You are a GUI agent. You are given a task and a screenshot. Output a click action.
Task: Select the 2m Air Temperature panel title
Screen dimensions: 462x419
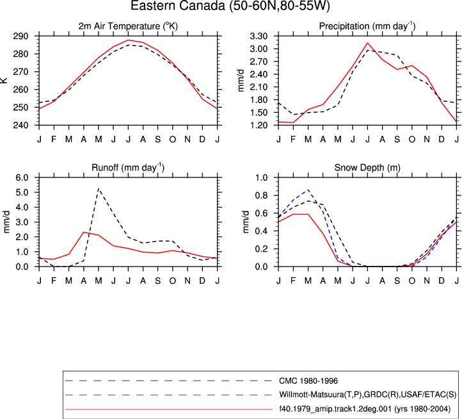click(x=128, y=26)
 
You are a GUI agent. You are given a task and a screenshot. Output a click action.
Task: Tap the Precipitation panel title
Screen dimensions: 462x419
click(x=367, y=26)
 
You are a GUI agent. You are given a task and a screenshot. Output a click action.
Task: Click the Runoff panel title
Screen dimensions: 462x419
click(x=128, y=167)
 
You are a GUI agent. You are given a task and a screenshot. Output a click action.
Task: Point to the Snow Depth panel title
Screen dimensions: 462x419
click(x=367, y=168)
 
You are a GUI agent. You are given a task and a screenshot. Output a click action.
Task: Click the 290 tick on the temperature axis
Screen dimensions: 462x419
click(x=20, y=37)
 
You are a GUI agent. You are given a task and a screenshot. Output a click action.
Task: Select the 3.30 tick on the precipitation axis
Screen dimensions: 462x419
click(x=258, y=37)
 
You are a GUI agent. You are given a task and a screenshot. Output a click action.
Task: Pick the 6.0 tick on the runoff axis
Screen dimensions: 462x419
click(x=22, y=177)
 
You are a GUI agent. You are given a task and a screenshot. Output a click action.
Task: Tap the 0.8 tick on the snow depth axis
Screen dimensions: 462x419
click(x=261, y=195)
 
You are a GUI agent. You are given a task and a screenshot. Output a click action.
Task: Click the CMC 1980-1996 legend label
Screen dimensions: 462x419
click(x=308, y=381)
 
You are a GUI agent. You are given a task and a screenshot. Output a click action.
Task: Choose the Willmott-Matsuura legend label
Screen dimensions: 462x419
click(x=368, y=395)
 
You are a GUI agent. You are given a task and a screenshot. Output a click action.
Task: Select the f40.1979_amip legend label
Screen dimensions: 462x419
click(x=365, y=409)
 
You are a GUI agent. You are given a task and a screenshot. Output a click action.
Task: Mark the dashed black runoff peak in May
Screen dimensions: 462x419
click(x=99, y=188)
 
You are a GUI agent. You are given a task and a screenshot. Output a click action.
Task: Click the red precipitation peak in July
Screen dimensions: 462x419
click(x=367, y=43)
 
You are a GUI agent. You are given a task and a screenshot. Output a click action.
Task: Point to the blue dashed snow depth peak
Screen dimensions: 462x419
click(x=308, y=190)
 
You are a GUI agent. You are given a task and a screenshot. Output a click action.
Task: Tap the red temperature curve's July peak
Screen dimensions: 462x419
click(x=128, y=40)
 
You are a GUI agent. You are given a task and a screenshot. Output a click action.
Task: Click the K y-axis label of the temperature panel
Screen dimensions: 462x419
click(x=4, y=80)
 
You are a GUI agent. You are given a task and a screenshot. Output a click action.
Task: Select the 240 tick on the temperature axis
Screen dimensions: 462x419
click(x=20, y=126)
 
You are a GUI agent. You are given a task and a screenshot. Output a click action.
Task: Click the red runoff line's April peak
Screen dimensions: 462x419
click(x=84, y=232)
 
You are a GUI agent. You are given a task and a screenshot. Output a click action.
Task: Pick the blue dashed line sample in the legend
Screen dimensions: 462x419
click(x=168, y=395)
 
